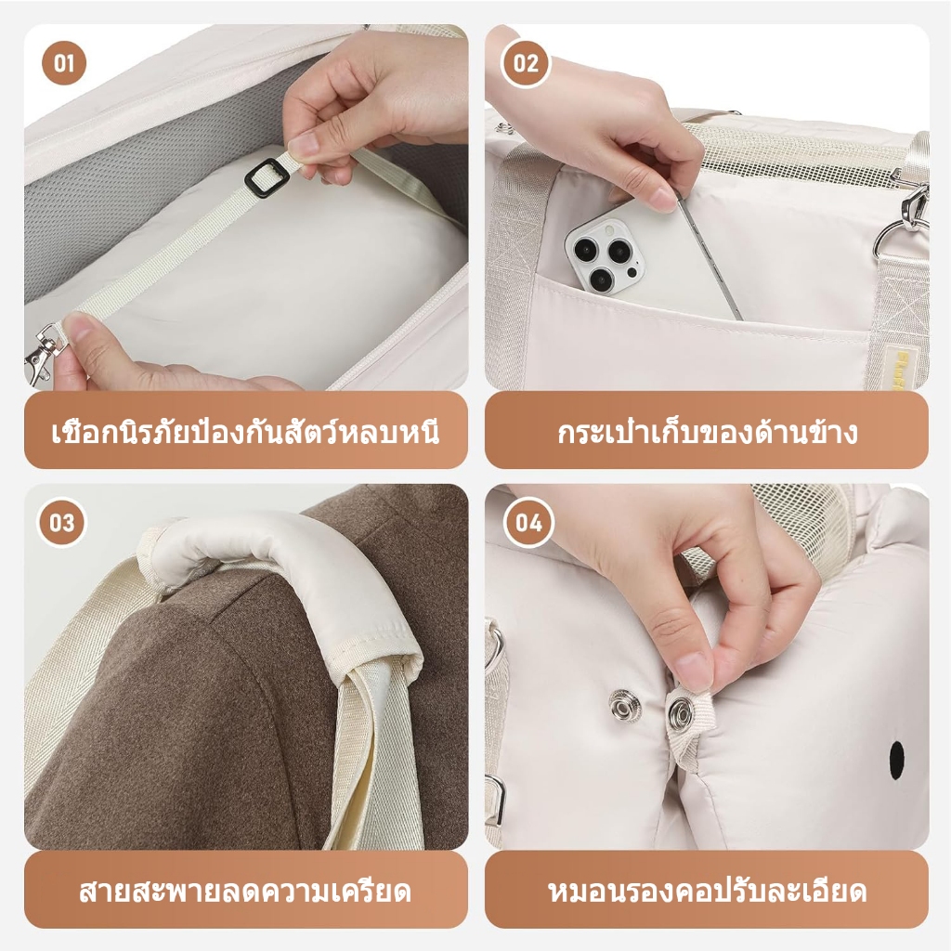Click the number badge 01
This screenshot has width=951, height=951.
click(64, 63)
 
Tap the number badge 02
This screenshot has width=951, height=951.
click(526, 63)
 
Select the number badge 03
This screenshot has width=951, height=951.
click(62, 523)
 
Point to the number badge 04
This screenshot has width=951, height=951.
click(528, 523)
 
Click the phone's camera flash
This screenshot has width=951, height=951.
click(608, 229)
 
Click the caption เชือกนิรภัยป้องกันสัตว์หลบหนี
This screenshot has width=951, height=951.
click(245, 432)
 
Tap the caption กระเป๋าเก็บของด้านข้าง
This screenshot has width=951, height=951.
click(707, 432)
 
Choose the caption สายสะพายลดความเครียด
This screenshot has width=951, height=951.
click(245, 891)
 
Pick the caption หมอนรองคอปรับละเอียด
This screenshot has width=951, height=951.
click(707, 891)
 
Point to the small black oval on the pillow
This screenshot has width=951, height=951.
click(896, 754)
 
